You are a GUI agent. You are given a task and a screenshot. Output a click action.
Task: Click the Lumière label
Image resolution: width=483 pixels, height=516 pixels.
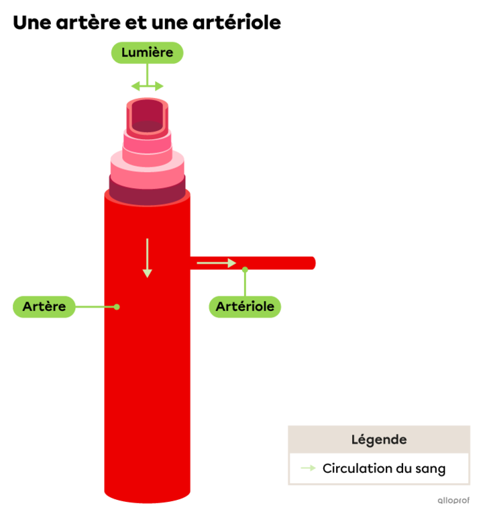(147, 52)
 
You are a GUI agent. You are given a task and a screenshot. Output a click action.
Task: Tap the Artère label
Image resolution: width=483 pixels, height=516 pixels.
(44, 306)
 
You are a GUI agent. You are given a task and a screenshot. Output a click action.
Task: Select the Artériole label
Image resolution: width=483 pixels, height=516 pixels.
(245, 307)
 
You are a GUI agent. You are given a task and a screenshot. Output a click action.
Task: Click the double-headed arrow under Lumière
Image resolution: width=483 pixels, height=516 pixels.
(147, 86)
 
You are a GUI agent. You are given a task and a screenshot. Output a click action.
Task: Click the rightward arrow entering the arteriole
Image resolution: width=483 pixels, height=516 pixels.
(216, 263)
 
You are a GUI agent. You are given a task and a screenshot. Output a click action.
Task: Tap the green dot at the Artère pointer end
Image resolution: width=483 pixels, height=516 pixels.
(117, 306)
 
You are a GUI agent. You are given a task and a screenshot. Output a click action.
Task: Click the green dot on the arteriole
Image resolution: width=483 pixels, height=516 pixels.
(245, 270)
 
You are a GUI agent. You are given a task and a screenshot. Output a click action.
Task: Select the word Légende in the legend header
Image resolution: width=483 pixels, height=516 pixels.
(379, 440)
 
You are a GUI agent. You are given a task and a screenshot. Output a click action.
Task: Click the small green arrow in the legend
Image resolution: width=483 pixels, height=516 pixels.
(308, 468)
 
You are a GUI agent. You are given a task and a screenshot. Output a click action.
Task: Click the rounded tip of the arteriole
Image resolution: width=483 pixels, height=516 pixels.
(313, 263)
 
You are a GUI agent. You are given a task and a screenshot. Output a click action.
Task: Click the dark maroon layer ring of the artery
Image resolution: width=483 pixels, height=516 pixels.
(148, 194)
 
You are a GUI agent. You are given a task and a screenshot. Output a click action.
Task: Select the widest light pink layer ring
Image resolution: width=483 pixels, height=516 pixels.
(147, 171)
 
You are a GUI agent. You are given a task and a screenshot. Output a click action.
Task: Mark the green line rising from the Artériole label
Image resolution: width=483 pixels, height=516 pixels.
(245, 284)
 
